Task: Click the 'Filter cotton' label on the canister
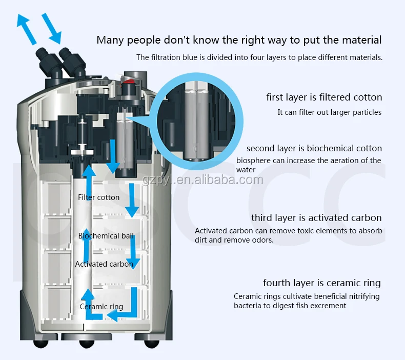click(x=98, y=197)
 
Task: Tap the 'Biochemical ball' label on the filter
click(x=106, y=236)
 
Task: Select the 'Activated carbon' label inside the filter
click(x=104, y=264)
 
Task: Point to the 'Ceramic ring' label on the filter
click(x=101, y=307)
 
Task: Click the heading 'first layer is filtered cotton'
click(x=324, y=97)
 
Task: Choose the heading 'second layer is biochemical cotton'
click(x=314, y=148)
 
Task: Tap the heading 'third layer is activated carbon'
click(x=316, y=218)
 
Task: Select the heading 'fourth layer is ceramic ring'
click(x=322, y=283)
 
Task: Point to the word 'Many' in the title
click(x=110, y=39)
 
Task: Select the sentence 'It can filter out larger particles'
click(x=329, y=112)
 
